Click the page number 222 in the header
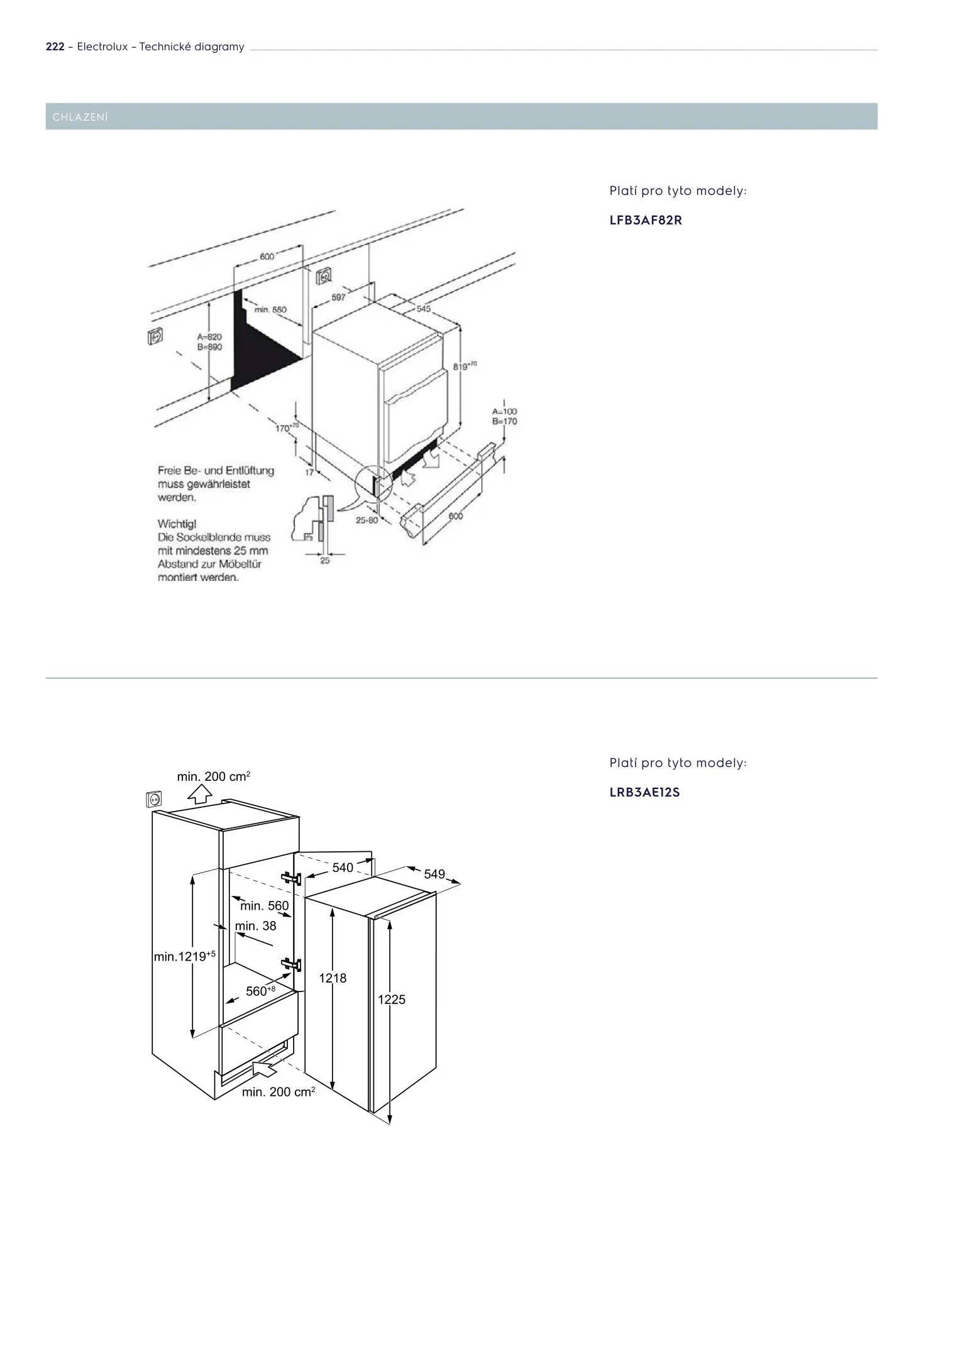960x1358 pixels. pos(55,47)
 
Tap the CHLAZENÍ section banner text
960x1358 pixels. pos(80,118)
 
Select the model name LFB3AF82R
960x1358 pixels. pos(646,221)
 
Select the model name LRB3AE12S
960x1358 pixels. pos(644,792)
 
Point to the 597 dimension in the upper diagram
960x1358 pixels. pos(338,297)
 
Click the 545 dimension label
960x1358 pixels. pos(424,309)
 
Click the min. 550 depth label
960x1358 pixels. pos(270,310)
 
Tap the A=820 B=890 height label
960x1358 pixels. pos(209,342)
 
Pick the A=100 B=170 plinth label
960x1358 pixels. pos(504,416)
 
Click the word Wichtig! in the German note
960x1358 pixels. pos(177,524)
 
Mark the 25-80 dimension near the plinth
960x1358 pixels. pos(367,520)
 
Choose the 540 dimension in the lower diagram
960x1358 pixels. pos(343,868)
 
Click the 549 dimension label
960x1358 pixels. pos(434,874)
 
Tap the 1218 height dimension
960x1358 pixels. pos(333,978)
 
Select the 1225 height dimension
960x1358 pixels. pos(392,1000)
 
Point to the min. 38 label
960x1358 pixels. pos(255,926)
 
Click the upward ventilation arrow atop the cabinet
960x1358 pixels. pos(200,794)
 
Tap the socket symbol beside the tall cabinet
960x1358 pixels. pos(153,799)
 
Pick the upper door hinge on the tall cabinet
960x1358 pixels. pos(292,878)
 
